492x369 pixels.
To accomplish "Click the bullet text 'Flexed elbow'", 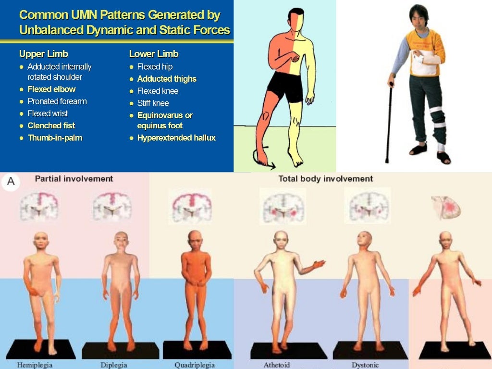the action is coord(51,89).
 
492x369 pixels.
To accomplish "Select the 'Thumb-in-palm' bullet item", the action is coord(55,138).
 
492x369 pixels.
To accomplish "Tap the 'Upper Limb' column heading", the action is coord(44,54).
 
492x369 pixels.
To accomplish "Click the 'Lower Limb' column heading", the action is coord(154,54).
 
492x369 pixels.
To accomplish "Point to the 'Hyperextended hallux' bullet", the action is coord(176,138).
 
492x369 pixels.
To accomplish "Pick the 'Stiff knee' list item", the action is coord(153,103).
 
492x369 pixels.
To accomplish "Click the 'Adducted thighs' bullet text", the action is coord(167,79).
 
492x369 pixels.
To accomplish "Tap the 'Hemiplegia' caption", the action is coord(35,365).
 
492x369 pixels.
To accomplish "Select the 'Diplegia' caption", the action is coord(114,365).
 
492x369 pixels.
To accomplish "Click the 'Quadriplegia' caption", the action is coord(195,365).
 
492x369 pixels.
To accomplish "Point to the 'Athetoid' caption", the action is coord(277,365).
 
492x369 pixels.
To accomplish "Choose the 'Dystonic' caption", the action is coord(365,365).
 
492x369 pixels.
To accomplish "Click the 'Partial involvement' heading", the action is coord(74,179).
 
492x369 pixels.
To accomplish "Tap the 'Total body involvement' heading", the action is coord(325,179).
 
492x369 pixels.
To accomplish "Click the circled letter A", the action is coord(11,182).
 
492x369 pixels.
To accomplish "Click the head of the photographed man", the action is coord(418,16).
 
